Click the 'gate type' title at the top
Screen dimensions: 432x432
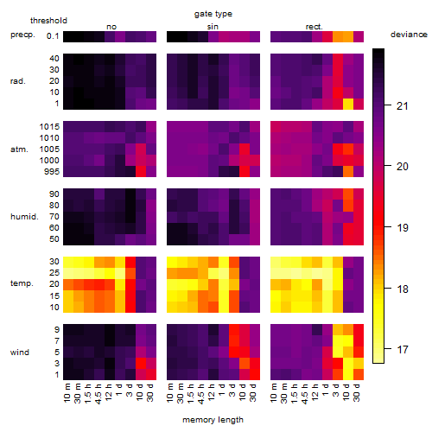(213, 14)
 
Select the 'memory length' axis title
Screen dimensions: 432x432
(213, 420)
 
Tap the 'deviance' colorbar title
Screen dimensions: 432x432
(409, 35)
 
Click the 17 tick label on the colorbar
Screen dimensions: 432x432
(403, 350)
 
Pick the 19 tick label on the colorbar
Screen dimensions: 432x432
(403, 228)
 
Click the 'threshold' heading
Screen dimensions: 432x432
(48, 21)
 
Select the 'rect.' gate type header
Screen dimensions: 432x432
(314, 27)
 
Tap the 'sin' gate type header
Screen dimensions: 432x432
(213, 27)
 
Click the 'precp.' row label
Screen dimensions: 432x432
(22, 35)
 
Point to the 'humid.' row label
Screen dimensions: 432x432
(24, 217)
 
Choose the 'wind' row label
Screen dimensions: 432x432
(20, 353)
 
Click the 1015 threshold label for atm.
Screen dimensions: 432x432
(49, 126)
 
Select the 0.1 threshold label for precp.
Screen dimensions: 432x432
(53, 36)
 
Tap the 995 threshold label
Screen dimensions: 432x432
(52, 172)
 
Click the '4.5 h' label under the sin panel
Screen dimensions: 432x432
(201, 393)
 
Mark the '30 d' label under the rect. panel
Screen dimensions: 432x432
(356, 392)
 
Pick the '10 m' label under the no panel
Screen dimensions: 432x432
(67, 393)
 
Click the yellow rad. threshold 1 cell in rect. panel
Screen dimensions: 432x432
(348, 104)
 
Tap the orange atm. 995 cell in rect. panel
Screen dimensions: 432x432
(348, 172)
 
